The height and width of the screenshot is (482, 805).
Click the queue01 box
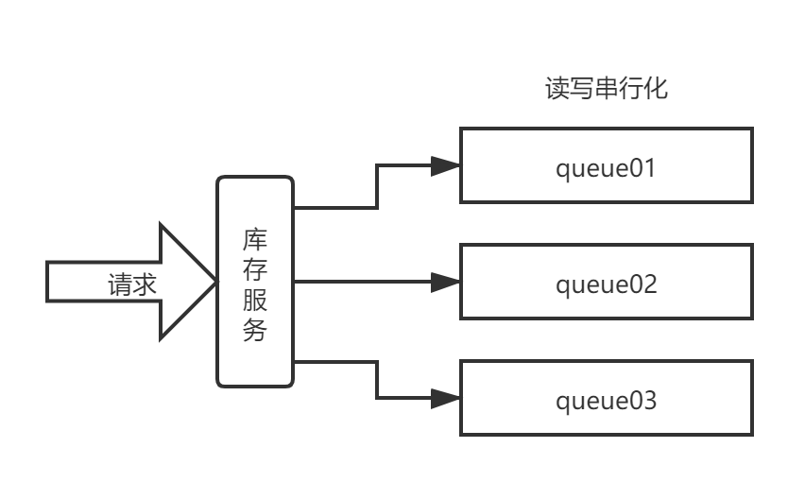[x=606, y=165]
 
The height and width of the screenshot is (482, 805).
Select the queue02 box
[x=606, y=282]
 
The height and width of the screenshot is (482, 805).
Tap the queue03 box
[x=606, y=398]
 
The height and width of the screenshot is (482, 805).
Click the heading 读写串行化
[x=606, y=89]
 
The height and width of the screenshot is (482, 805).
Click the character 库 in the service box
[x=255, y=237]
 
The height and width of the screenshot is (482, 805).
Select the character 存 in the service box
[x=255, y=268]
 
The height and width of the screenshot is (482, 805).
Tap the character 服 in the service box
[x=255, y=300]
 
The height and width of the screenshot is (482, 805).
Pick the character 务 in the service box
[x=255, y=331]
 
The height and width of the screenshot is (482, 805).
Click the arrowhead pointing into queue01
[x=445, y=166]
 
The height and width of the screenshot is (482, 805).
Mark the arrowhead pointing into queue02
[x=445, y=282]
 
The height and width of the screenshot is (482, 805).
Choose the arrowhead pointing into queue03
[x=445, y=398]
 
